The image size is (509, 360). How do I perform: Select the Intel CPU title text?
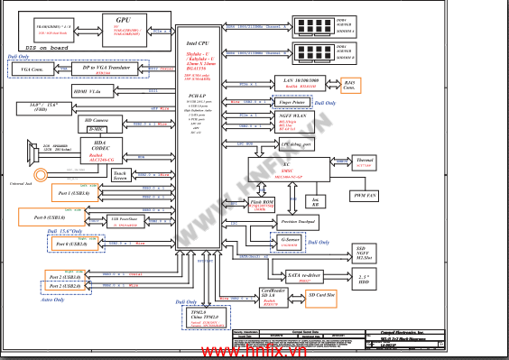click(199, 42)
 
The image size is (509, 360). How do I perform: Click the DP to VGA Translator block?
click(102, 69)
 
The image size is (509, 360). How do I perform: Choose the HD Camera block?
click(97, 122)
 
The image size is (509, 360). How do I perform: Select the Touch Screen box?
click(120, 175)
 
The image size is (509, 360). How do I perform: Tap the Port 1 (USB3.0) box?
click(68, 194)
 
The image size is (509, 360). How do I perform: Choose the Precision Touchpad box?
click(297, 221)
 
